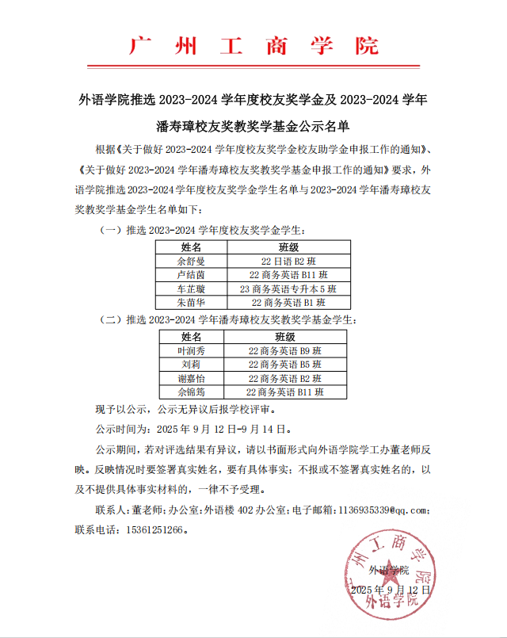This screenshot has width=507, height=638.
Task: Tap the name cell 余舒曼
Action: tap(192, 261)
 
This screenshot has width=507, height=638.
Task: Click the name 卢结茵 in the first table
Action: tap(192, 275)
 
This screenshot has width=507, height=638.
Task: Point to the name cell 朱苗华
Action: tap(192, 303)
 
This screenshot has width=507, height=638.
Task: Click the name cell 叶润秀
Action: tap(192, 350)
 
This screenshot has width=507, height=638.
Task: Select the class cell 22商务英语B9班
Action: tap(285, 350)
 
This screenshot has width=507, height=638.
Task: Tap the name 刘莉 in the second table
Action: tap(192, 364)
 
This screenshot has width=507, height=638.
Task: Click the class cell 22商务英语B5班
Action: tap(285, 364)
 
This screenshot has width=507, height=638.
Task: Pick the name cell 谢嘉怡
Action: tap(192, 378)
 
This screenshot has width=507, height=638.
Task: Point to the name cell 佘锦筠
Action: tap(192, 392)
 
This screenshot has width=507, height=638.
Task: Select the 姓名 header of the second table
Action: tap(192, 337)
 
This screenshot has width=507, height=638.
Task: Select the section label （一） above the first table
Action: tap(109, 230)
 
